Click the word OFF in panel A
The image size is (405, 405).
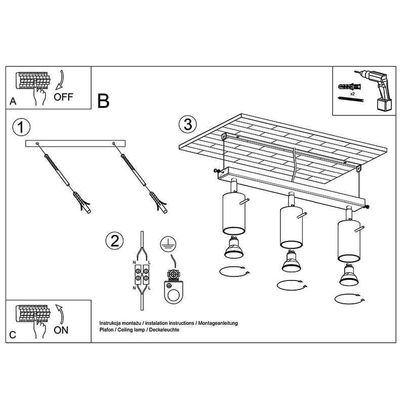64,97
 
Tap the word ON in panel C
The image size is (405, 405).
61,330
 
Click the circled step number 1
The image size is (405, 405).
21,127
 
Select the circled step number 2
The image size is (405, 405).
114,241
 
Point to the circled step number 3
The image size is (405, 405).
188,124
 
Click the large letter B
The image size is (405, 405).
103,101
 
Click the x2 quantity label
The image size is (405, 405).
352,94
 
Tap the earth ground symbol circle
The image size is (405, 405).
168,244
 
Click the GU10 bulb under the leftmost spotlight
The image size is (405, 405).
234,248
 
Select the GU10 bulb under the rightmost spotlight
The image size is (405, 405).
349,275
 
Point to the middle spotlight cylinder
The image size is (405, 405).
292,227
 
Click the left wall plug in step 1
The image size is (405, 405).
83,202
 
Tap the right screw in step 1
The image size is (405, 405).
134,170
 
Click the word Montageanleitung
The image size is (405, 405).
218,323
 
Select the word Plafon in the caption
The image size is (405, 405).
106,330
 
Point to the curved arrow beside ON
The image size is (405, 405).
60,314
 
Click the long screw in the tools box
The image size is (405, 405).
351,99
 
